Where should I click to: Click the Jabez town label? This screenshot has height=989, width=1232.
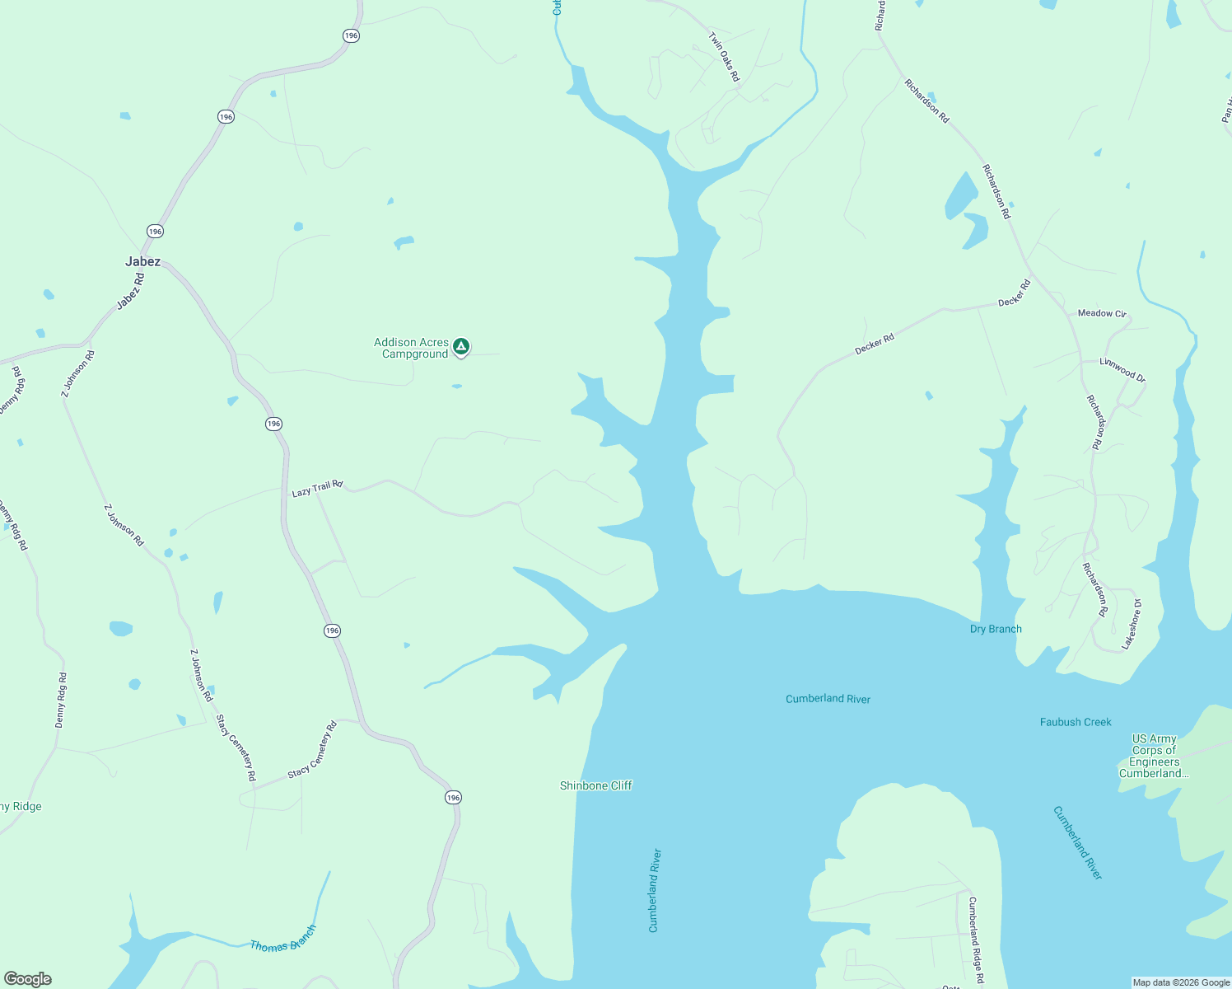click(142, 261)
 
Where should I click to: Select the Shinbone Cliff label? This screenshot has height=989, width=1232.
click(595, 785)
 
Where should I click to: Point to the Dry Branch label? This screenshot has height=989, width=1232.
click(996, 629)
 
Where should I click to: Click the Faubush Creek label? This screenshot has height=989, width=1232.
click(1076, 722)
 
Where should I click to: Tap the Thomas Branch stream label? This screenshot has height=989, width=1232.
click(282, 940)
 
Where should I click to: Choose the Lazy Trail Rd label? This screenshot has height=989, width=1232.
click(317, 489)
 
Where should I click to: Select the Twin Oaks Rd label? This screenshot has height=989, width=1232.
click(725, 57)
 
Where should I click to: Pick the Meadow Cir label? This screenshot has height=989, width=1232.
click(1101, 313)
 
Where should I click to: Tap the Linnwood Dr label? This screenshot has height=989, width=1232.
click(1122, 369)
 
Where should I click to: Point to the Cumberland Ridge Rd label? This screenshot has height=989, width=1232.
click(975, 940)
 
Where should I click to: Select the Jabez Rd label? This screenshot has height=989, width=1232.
click(130, 292)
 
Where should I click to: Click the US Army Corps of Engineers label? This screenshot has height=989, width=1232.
click(1154, 756)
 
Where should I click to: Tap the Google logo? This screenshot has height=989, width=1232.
click(27, 979)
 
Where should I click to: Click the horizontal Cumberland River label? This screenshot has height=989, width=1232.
click(828, 699)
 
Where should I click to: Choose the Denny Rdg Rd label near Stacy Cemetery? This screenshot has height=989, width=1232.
click(61, 700)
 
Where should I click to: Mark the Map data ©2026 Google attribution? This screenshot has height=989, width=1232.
click(1181, 982)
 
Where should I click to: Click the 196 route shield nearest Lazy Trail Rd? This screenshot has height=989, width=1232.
click(274, 424)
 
